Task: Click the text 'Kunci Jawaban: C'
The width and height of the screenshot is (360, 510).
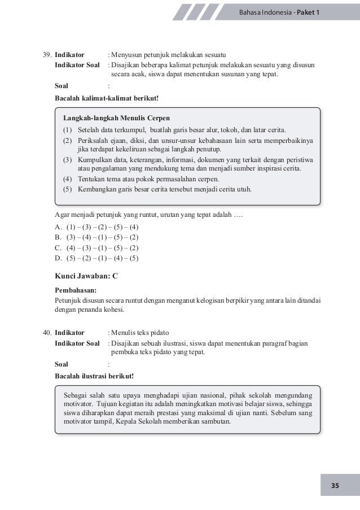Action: [86, 276]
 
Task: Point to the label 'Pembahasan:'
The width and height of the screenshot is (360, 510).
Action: [76, 290]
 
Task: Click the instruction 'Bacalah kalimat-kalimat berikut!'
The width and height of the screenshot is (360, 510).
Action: [107, 98]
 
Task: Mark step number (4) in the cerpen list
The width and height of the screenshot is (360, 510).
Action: [67, 179]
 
